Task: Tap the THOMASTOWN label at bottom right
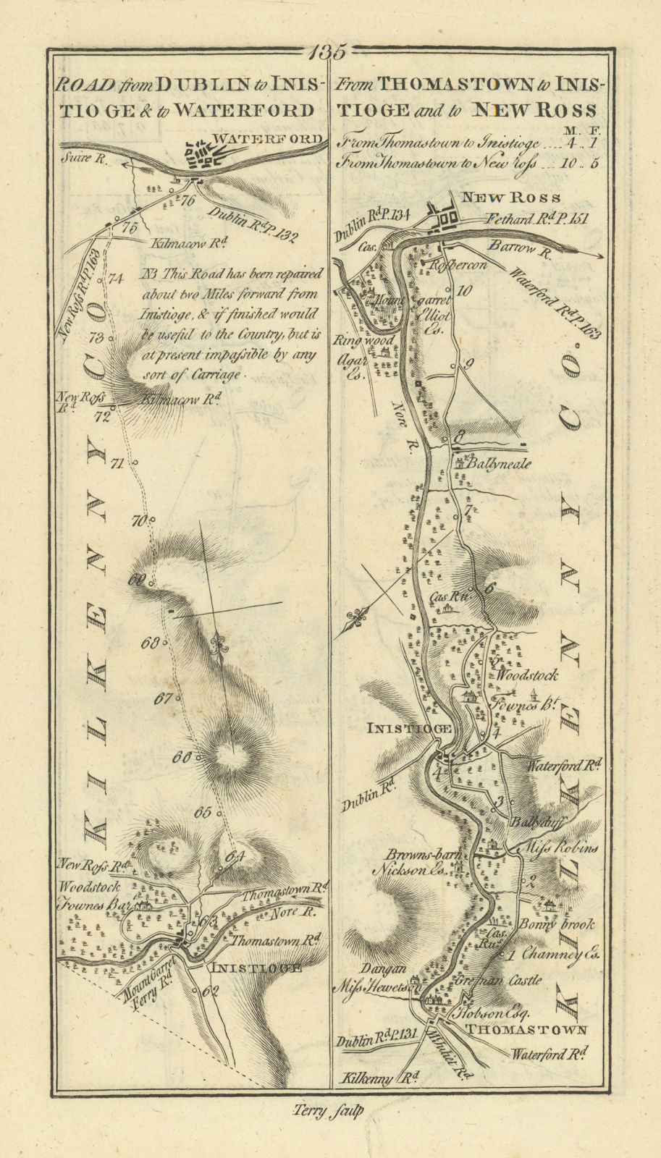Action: (x=525, y=1029)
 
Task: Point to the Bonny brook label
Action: (x=555, y=924)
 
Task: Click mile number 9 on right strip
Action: (x=468, y=364)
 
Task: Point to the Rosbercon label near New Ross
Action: (x=456, y=265)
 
